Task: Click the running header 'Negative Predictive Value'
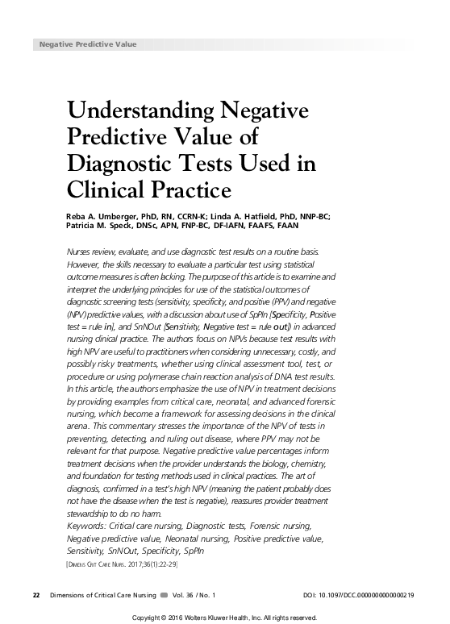pos(88,44)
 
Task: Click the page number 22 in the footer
pos(35,595)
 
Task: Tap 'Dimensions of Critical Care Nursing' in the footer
pos(101,595)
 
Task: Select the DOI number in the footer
pos(359,595)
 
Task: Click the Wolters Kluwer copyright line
pos(225,618)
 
